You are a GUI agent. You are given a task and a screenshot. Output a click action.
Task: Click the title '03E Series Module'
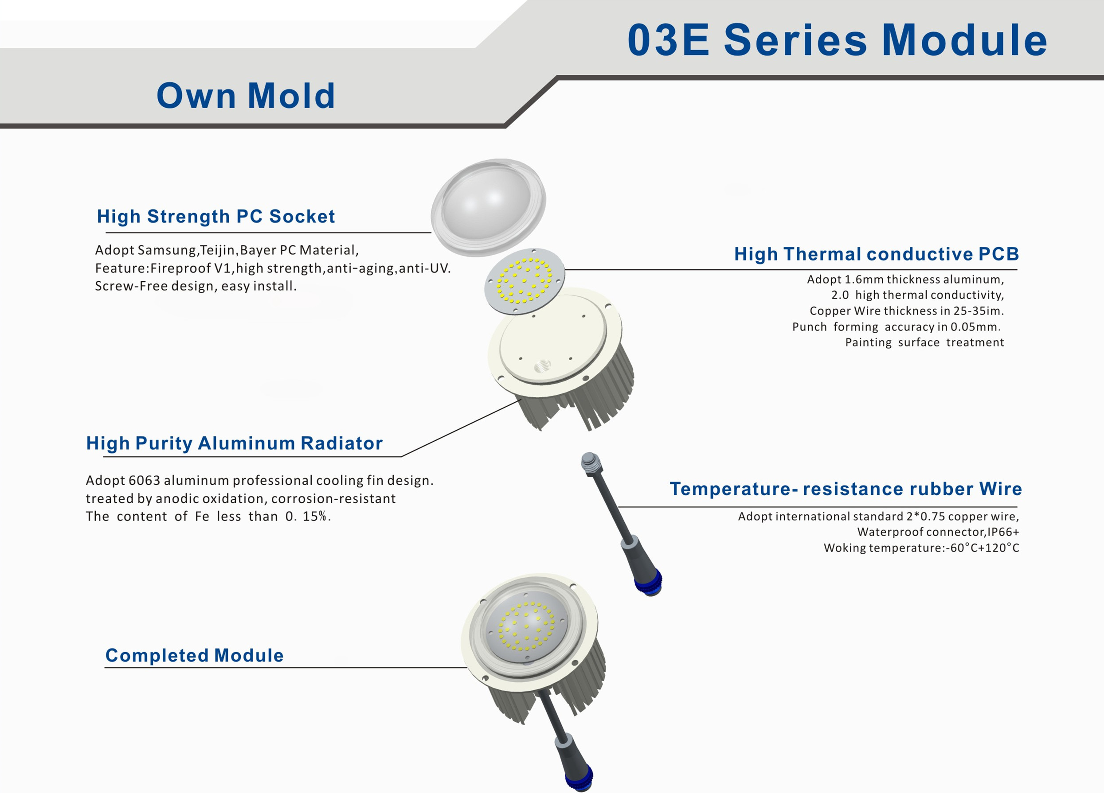tap(837, 40)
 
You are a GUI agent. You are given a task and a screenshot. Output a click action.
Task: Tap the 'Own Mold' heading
tap(246, 95)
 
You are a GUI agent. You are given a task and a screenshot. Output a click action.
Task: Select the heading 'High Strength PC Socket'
tap(215, 217)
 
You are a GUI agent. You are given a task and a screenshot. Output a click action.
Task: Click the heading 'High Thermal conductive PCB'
tap(876, 254)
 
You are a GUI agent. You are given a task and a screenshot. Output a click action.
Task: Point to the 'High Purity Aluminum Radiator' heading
tap(234, 443)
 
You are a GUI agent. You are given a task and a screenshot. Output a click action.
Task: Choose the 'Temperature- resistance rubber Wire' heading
tap(846, 489)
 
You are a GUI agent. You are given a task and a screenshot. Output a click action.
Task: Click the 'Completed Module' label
tap(194, 655)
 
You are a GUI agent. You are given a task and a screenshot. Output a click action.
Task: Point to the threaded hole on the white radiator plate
tap(542, 365)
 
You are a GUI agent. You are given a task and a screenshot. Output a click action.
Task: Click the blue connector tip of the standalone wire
tap(649, 582)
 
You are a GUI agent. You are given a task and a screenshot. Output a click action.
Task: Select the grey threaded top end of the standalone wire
tap(591, 461)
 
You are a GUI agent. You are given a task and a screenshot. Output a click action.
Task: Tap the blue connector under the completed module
tap(579, 777)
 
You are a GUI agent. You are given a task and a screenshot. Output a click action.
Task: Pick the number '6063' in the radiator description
tap(144, 481)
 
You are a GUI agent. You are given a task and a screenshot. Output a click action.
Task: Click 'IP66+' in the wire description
tap(1003, 532)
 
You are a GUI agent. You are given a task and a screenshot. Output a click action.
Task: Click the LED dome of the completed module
tap(527, 626)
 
